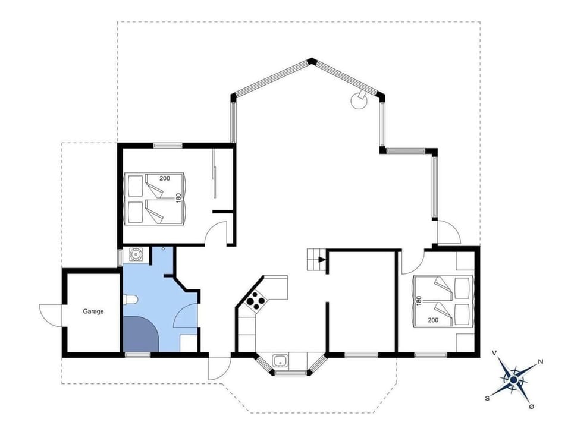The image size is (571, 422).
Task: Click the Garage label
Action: pos(93,311)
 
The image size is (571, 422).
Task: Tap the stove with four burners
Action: pos(256,301)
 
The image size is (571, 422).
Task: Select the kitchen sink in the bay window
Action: pos(280,361)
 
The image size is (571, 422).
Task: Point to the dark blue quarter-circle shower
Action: pos(140,334)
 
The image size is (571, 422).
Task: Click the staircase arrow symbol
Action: pos(322,259)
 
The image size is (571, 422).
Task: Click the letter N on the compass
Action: pos(540,361)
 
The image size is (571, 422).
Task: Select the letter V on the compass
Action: pos(495,353)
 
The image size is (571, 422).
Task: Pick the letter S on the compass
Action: pos(487,398)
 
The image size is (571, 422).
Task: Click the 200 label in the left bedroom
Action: pos(165,178)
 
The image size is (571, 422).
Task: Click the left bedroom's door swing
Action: pos(215,233)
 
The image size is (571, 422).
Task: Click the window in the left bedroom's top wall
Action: pos(168,146)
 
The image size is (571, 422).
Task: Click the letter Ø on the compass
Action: pos(531,407)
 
